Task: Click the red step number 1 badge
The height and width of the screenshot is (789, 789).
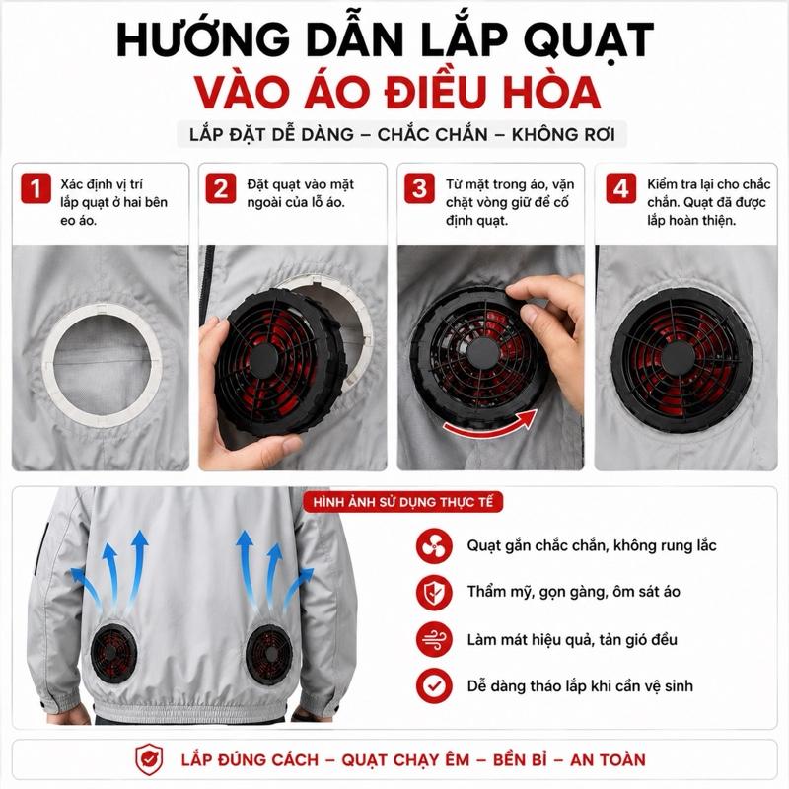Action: [x=36, y=188]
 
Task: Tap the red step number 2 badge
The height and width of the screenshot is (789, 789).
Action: [x=221, y=188]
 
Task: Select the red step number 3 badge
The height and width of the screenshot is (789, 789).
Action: [x=420, y=188]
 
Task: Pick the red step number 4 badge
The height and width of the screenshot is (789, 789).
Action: [x=620, y=188]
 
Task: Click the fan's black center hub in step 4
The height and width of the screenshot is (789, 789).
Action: [x=678, y=358]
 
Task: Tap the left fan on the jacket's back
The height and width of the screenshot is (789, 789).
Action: [x=113, y=653]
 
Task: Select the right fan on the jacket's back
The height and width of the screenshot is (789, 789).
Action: [x=269, y=655]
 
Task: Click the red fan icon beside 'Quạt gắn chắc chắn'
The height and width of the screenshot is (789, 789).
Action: [x=434, y=545]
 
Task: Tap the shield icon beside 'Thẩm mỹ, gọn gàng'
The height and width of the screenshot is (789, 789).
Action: [x=434, y=592]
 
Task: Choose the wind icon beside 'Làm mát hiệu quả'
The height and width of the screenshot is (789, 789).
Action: [x=434, y=639]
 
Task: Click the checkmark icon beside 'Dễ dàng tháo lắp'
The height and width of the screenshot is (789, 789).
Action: [x=434, y=685]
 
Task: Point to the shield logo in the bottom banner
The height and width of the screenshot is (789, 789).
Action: [x=149, y=759]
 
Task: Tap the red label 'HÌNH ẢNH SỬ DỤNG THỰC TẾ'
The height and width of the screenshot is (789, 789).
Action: [x=402, y=502]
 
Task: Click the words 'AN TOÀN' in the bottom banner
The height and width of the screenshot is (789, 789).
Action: [x=608, y=759]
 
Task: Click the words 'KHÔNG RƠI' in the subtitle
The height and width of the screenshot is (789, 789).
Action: [x=563, y=135]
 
